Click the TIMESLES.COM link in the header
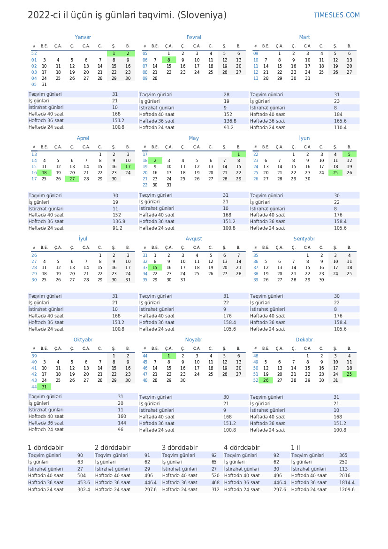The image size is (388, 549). (x=336, y=15)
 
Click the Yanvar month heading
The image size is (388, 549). (x=83, y=37)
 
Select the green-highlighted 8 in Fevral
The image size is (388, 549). (x=169, y=60)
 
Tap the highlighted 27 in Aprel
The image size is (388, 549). (x=72, y=178)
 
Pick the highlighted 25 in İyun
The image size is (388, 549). (x=335, y=172)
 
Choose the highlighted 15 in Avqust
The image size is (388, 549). (x=155, y=267)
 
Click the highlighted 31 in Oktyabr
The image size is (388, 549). (x=44, y=387)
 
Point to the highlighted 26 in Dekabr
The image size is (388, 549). (x=266, y=380)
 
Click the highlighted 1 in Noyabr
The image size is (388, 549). (x=169, y=356)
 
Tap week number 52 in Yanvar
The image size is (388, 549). (x=34, y=54)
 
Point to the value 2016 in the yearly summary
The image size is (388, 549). (x=345, y=475)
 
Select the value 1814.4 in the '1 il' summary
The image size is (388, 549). (x=347, y=482)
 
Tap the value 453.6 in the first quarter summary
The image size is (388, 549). (x=84, y=482)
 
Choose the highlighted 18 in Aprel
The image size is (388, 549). (x=44, y=172)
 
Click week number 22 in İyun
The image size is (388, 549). (x=256, y=154)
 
